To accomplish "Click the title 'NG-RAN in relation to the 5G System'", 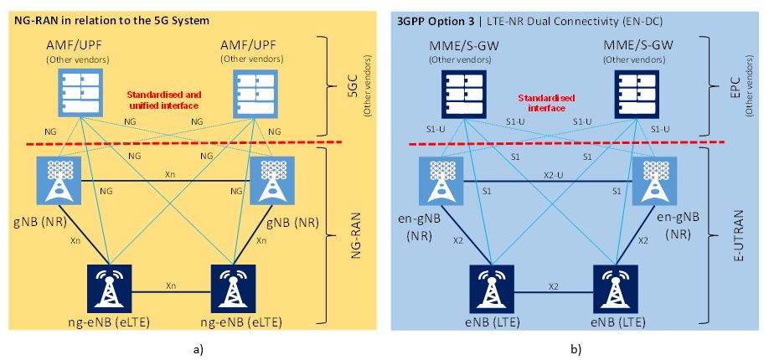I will coord(111,18).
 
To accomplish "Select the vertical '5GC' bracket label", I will coord(352,85).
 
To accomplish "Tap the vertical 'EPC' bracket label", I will coord(735,85).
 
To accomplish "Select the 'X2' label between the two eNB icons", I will coord(552,285).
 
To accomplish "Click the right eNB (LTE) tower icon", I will coord(615,287).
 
